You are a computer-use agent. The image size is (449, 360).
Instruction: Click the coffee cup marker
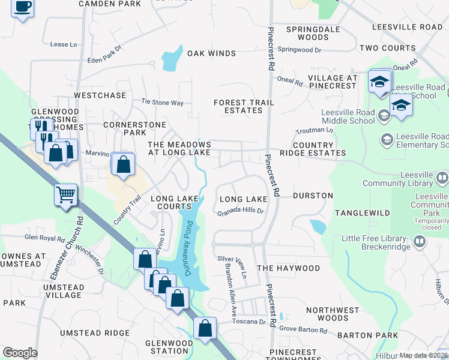[x=22, y=8]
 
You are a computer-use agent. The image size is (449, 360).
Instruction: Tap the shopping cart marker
[x=65, y=194]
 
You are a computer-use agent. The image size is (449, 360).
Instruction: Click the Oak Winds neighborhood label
[x=211, y=53]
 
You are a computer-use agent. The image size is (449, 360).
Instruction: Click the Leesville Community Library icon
[x=442, y=178]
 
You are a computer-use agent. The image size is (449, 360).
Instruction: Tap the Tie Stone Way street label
[x=162, y=103]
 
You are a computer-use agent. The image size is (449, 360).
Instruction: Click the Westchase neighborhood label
[x=100, y=95]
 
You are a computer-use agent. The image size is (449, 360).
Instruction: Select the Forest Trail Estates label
[x=244, y=106]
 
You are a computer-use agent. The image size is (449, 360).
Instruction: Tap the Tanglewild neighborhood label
[x=362, y=213]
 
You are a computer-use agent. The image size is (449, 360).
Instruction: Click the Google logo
[x=20, y=353]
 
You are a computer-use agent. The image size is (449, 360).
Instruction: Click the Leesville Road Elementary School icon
[x=387, y=140]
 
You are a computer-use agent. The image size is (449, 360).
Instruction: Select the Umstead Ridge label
[x=94, y=333]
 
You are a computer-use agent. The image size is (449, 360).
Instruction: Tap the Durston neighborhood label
[x=313, y=196]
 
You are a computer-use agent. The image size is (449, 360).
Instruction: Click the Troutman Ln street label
[x=314, y=130]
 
